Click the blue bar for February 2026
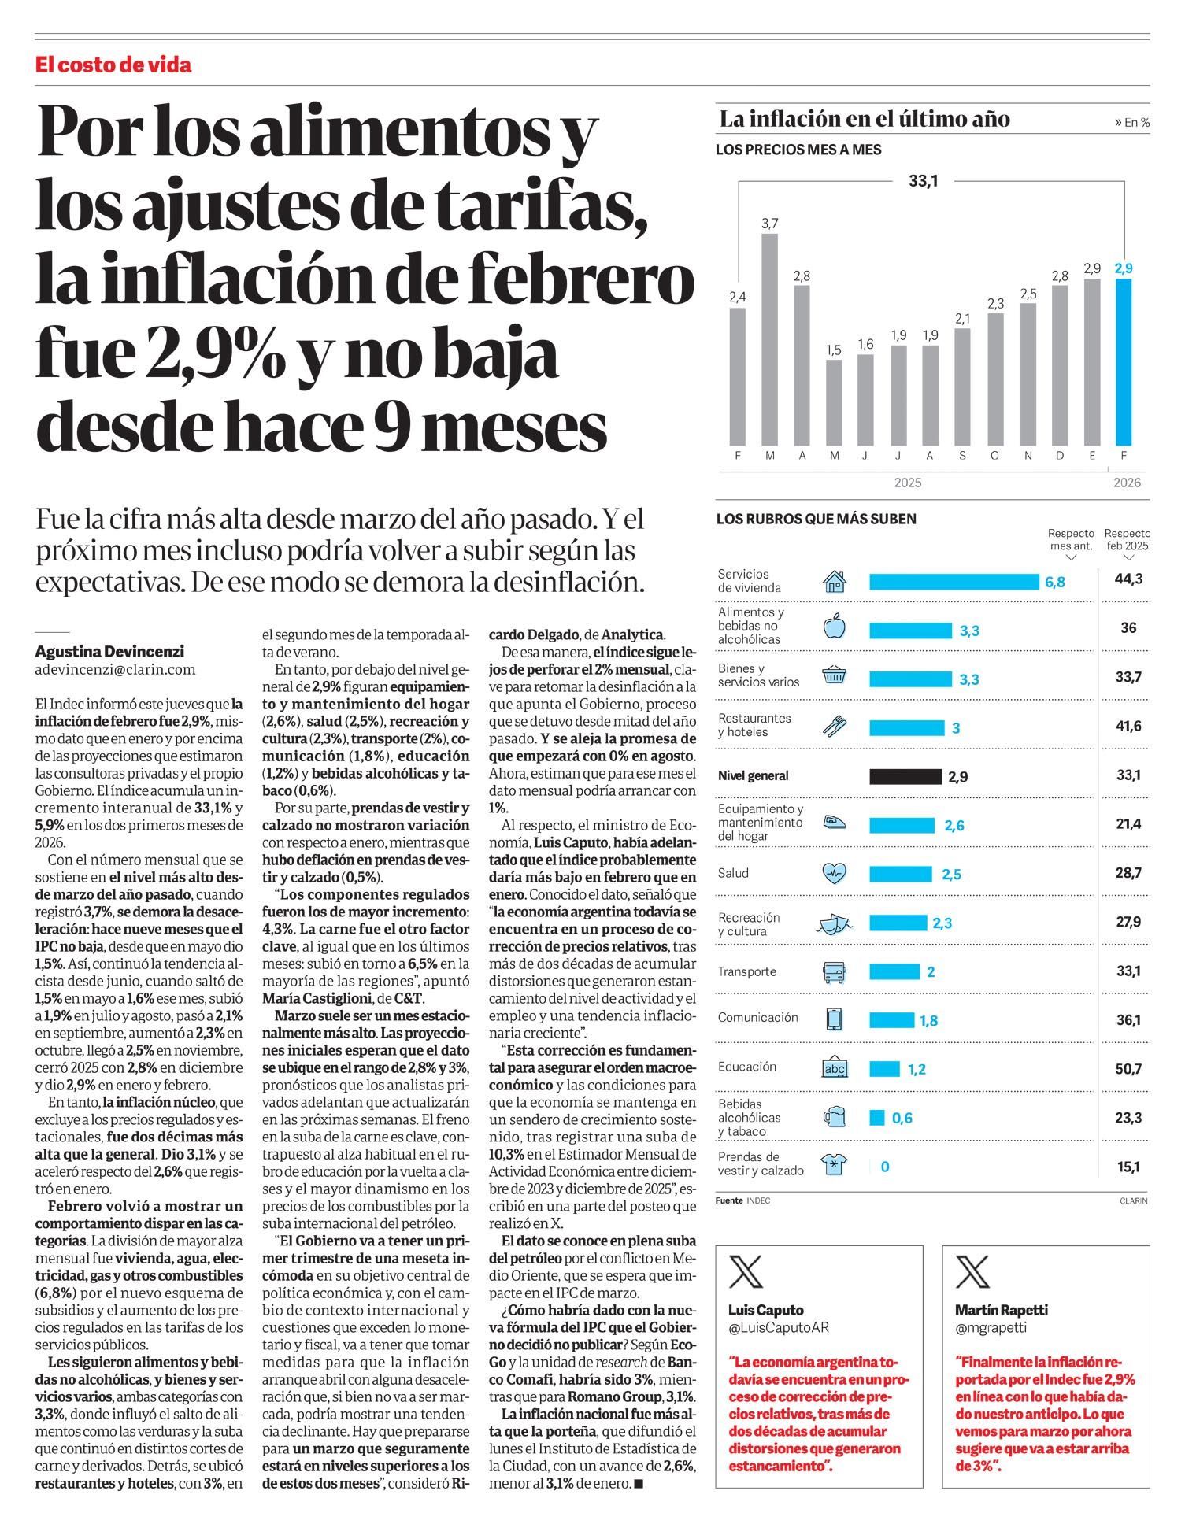pos(1124,362)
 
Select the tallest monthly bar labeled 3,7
pos(769,338)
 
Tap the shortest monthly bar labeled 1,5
pos(834,402)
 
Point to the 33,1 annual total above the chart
pos(923,181)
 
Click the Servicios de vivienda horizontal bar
pos(954,582)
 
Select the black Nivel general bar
pos(905,776)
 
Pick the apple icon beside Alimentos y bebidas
pos(834,627)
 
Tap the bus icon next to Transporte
pos(834,972)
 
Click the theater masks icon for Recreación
pos(834,923)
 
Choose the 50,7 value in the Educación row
pos(1128,1069)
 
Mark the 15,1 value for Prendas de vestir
pos(1128,1167)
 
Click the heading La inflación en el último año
pos(865,120)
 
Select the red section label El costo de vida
pos(113,65)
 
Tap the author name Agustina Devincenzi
pos(109,652)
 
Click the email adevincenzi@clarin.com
pos(115,670)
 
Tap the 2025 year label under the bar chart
pos(907,483)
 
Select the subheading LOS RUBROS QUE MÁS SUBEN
pos(816,520)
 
